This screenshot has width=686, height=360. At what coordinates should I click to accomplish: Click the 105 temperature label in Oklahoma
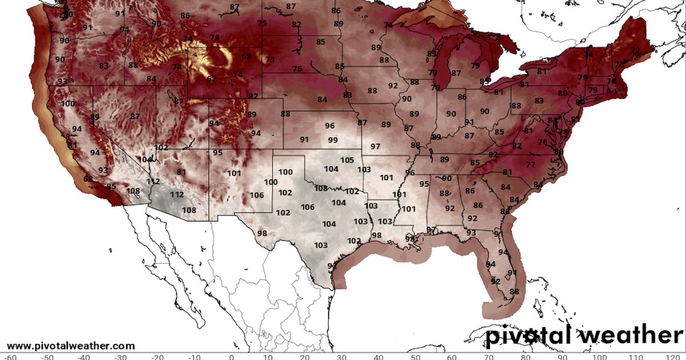347,161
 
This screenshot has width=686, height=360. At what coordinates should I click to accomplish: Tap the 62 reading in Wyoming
212,79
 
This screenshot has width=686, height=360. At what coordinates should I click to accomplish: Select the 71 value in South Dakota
270,60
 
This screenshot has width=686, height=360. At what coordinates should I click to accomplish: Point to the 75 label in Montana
262,23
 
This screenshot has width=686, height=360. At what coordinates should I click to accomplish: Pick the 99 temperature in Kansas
333,141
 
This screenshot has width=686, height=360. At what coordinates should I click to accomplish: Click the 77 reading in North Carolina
531,165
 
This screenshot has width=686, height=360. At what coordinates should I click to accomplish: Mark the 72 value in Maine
635,50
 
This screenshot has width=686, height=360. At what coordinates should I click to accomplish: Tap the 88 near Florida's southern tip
514,291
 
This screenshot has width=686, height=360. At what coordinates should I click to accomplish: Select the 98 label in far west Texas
262,233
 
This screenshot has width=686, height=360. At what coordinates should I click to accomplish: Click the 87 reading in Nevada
135,117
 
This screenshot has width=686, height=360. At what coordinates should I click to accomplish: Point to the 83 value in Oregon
103,66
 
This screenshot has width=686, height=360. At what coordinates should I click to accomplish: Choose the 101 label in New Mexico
234,173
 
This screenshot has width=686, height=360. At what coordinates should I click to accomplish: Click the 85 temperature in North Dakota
320,42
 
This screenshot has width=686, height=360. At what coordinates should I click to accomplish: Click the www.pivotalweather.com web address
71,346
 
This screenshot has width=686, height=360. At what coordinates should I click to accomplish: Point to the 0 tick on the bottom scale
231,357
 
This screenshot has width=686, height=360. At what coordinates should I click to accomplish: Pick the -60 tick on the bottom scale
9,357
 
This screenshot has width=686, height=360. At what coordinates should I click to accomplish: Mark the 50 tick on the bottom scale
415,357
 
